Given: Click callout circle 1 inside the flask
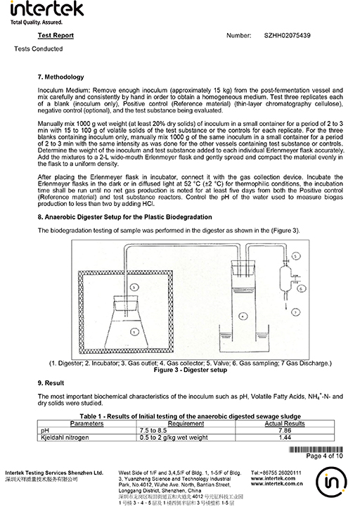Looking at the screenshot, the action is [x=134, y=331].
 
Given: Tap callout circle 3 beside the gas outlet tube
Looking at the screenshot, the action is [x=134, y=287].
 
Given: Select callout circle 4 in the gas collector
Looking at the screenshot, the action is [x=243, y=316].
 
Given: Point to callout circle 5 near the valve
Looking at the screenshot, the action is [x=295, y=256].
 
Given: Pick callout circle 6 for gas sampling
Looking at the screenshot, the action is [x=301, y=288].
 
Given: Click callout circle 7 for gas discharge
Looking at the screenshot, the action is [x=295, y=312].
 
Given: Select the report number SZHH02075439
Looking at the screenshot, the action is [x=287, y=36].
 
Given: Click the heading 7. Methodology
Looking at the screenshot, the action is [x=60, y=77].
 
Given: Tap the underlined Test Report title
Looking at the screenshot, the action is [x=56, y=36].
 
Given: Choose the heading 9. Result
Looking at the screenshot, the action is [x=51, y=383].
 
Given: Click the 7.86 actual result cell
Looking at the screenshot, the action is [x=285, y=430].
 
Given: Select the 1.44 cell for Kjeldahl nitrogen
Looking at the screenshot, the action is [x=285, y=437].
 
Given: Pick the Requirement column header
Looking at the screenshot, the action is [x=186, y=423].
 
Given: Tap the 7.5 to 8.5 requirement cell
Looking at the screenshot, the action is [x=153, y=430].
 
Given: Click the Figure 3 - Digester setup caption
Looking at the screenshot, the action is [x=190, y=370].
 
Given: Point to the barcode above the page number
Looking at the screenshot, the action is [x=316, y=449].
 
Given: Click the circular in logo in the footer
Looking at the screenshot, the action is [x=331, y=483].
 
